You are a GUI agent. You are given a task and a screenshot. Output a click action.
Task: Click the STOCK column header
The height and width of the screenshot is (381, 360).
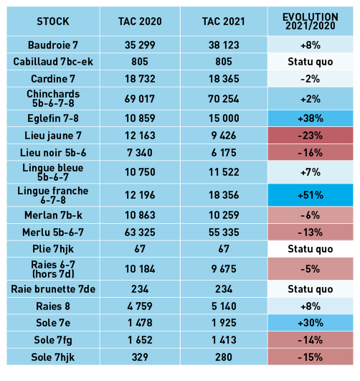point(53,22)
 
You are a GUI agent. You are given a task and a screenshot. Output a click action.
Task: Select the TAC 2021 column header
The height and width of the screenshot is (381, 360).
point(224,22)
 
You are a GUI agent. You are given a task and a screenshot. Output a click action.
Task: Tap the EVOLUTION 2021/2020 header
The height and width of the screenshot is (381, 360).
point(311,22)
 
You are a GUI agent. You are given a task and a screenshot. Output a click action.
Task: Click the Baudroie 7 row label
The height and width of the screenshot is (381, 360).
point(53,45)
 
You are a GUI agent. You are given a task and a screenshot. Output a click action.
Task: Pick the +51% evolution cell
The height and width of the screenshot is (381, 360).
point(311,195)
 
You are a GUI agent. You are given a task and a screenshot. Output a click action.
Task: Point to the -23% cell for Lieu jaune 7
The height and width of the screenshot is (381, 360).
point(311,136)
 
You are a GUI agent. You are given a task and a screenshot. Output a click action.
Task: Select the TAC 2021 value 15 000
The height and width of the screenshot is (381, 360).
point(224,118)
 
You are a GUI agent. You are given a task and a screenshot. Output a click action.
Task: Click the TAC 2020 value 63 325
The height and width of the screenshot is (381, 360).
point(140,232)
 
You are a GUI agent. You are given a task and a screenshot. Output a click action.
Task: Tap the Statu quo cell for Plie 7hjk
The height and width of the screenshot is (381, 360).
point(311,249)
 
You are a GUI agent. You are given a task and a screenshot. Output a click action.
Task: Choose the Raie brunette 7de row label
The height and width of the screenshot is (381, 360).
point(53,289)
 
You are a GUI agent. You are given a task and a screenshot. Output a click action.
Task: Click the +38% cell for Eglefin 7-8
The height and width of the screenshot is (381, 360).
point(311,118)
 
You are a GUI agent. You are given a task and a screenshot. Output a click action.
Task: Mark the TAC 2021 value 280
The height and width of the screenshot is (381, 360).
point(224,357)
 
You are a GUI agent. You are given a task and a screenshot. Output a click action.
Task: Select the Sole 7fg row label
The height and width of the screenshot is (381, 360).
point(53,340)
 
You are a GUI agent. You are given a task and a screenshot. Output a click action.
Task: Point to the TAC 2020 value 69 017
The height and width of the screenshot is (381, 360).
point(140,99)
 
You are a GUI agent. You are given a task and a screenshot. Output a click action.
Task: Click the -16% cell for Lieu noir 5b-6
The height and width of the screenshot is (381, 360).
point(311,153)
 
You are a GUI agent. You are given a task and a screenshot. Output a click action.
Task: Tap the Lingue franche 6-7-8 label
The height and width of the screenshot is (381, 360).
point(53,195)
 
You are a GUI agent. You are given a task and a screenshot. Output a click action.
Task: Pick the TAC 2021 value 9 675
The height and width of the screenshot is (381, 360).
point(224,269)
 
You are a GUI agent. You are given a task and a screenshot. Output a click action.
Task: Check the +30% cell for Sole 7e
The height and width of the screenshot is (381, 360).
point(311,323)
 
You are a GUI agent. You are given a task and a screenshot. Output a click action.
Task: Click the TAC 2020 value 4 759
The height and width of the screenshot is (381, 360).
point(140,306)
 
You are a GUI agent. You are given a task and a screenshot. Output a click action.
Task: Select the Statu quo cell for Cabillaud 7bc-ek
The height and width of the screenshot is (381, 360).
point(311,62)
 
